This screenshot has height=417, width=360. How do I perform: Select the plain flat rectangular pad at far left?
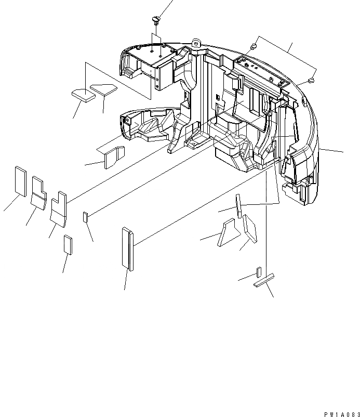coord(20,181)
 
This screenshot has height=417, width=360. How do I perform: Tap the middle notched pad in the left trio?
coord(38,191)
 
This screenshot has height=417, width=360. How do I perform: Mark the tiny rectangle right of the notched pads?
coord(86,216)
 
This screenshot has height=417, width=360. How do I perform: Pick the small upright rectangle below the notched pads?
coord(68,243)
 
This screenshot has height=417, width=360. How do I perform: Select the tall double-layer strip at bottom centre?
coord(128,249)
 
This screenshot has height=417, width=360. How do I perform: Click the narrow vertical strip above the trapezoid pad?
coord(238,206)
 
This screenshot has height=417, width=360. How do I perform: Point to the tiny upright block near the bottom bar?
coord(258,272)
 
